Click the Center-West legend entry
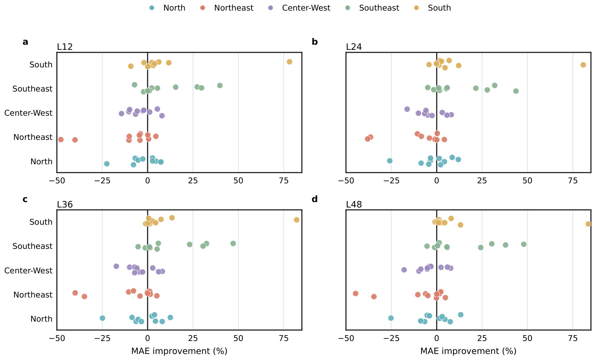(299, 8)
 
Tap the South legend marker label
(439, 8)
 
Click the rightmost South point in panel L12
(290, 62)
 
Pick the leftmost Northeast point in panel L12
(61, 140)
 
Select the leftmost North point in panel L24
(390, 161)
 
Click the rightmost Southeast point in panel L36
(233, 243)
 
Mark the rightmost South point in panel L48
(588, 224)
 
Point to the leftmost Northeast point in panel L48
(355, 294)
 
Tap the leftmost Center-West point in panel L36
(116, 266)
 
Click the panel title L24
(354, 47)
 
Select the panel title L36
(65, 204)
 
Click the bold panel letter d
(315, 199)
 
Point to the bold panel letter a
(25, 42)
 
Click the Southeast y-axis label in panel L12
(33, 89)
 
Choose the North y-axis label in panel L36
(41, 319)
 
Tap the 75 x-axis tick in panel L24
(573, 181)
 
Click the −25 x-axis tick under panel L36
(102, 338)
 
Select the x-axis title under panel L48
(468, 351)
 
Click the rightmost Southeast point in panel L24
(516, 91)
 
